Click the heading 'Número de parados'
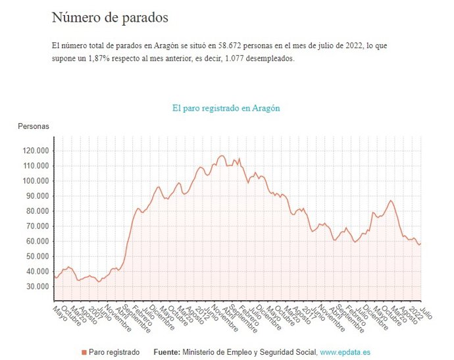pyautogui.click(x=110, y=18)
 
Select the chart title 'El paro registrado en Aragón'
pyautogui.click(x=226, y=108)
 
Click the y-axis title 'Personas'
pyautogui.click(x=34, y=126)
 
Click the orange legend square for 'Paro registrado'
pyautogui.click(x=84, y=353)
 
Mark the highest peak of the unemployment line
pyautogui.click(x=221, y=155)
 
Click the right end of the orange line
pyautogui.click(x=421, y=244)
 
